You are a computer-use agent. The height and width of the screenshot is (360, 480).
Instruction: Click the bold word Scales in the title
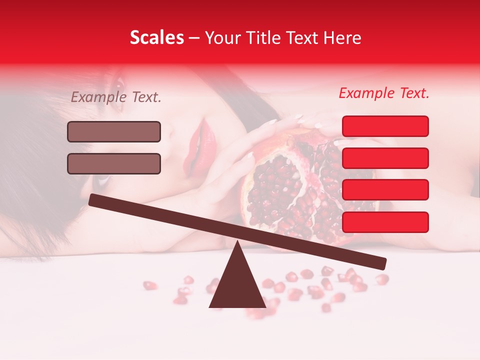(x=156, y=38)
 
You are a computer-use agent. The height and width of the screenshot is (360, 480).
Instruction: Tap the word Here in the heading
(x=343, y=38)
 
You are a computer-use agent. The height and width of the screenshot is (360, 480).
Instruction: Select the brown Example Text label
(x=116, y=97)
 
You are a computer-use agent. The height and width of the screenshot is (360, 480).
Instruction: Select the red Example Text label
(x=384, y=93)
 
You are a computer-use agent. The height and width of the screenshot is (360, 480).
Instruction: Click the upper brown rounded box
(x=114, y=131)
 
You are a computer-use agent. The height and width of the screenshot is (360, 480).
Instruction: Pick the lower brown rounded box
(x=114, y=163)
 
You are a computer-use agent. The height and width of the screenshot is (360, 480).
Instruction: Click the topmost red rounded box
(x=385, y=126)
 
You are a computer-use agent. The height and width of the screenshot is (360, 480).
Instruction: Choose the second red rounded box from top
(x=385, y=158)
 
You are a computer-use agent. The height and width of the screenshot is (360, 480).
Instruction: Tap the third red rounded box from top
(x=385, y=189)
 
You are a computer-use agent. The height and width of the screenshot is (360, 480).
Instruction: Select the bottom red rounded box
(x=385, y=222)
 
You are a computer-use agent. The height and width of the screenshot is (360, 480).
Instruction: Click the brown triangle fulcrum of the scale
(x=237, y=282)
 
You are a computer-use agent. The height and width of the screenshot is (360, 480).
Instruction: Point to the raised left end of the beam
(x=93, y=199)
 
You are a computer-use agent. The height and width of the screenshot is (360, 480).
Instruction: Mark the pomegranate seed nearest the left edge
(x=149, y=285)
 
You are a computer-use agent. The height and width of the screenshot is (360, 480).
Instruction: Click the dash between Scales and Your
(x=194, y=38)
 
